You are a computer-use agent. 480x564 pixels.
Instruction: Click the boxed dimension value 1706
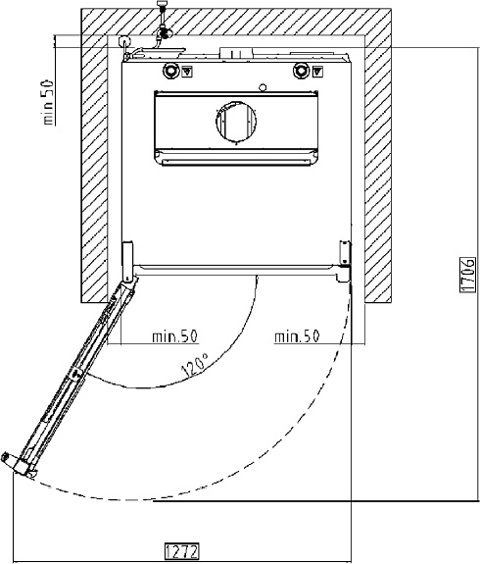coord(467,275)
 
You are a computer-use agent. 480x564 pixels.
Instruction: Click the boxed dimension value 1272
coord(182,551)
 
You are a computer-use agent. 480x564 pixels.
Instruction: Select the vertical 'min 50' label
coord(48,102)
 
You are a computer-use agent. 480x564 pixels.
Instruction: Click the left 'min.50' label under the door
coord(174,336)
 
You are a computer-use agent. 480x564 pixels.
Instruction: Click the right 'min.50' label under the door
coord(297,336)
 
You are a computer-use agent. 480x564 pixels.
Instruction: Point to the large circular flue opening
coord(236,122)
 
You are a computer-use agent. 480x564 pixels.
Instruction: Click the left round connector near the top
coord(170,71)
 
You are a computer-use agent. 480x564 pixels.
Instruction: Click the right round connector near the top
coord(301,71)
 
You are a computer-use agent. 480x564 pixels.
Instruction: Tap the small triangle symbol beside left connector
coord(187,72)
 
